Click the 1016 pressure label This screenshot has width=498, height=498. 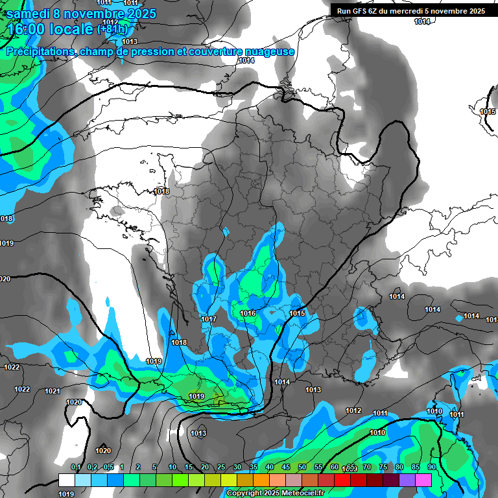tap(248, 313)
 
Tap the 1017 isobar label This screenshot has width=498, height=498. tap(209, 319)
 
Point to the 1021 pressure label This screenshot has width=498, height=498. tap(53, 391)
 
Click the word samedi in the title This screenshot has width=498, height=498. tap(30, 14)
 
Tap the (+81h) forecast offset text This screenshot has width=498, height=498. tap(112, 30)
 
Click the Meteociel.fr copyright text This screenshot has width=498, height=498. tap(298, 493)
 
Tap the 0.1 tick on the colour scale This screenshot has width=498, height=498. tap(75, 468)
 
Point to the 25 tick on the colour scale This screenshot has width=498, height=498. tap(221, 468)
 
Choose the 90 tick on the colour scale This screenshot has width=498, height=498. tap(432, 468)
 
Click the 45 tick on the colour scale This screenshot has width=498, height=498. tap(286, 468)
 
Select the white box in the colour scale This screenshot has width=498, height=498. tap(67, 480)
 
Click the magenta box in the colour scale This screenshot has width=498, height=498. tap(423, 480)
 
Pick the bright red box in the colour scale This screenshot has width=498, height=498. tap(342, 480)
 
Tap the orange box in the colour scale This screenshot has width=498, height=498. tap(261, 480)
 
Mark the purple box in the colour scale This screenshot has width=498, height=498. tap(407, 480)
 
